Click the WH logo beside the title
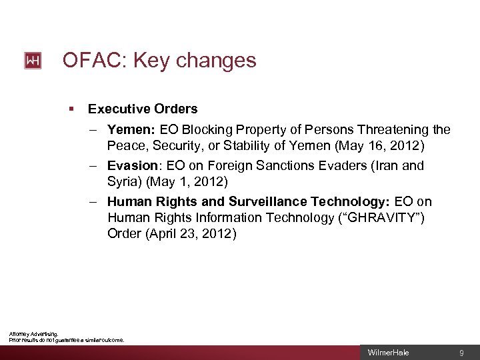(33, 61)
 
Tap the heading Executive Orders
(143, 109)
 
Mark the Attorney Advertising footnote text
(33, 333)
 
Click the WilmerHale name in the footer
(389, 353)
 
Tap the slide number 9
(461, 353)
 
